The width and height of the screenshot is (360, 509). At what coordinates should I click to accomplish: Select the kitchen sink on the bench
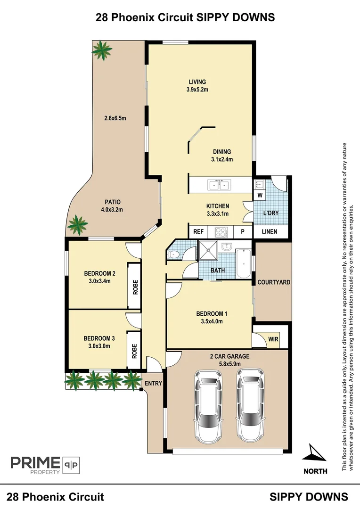[219, 184]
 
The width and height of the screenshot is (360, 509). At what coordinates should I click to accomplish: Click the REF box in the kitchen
[198, 232]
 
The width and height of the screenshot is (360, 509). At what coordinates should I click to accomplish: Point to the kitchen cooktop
[221, 232]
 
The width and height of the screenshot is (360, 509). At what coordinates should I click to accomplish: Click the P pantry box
[243, 232]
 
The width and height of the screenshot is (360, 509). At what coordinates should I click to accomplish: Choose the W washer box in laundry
[259, 195]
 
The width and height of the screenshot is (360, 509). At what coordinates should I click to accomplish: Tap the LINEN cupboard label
[269, 232]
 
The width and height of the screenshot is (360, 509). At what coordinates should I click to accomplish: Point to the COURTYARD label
[273, 282]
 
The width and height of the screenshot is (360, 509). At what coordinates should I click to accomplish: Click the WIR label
[273, 338]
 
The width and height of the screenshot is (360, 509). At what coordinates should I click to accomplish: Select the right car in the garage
[250, 404]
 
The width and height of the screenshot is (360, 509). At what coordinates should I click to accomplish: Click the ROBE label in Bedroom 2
[135, 287]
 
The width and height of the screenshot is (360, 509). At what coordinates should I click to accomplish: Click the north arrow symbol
[315, 454]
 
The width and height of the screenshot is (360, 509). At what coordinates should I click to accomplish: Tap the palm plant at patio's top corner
[102, 50]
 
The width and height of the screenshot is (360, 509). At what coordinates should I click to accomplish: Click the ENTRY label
[153, 383]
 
